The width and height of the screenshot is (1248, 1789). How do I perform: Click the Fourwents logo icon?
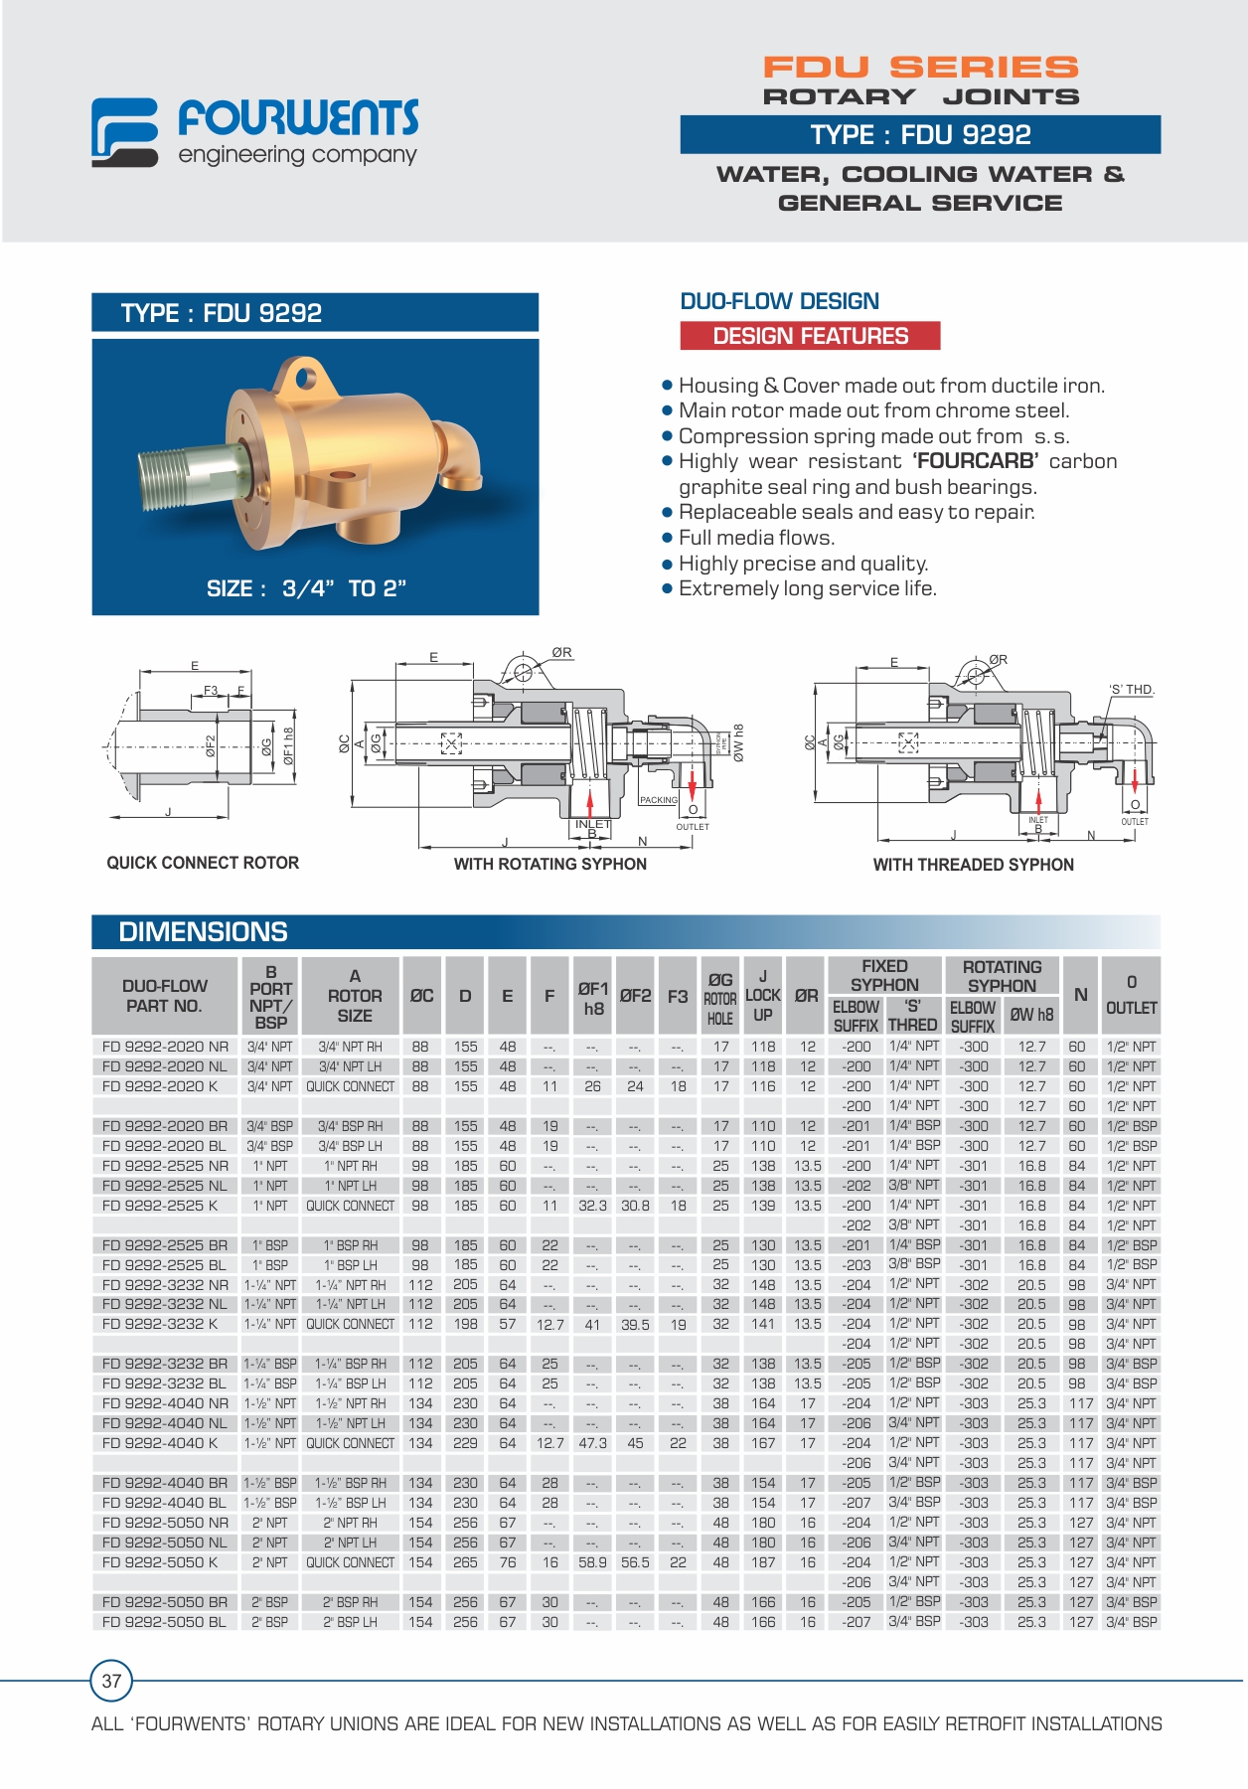(124, 131)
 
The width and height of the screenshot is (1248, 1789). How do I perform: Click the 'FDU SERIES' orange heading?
(920, 68)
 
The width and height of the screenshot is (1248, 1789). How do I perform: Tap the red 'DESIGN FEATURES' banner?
(810, 336)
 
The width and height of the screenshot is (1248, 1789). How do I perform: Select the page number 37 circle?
(111, 1681)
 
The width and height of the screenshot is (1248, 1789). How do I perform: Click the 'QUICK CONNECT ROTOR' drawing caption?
(203, 863)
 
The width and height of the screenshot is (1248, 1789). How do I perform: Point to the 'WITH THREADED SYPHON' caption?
(973, 865)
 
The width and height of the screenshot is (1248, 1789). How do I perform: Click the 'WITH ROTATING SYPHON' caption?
(549, 865)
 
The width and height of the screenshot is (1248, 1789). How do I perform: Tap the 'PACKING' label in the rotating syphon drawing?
(658, 800)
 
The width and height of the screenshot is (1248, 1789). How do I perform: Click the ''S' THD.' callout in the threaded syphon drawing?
(1132, 690)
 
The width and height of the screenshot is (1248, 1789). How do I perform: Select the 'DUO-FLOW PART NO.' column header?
(165, 996)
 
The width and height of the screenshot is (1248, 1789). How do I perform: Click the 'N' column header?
(1080, 995)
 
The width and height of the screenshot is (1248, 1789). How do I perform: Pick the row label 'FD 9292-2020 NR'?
(165, 1047)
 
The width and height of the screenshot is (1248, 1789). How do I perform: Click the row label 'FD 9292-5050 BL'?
(165, 1622)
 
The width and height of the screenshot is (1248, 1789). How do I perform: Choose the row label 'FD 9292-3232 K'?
(159, 1324)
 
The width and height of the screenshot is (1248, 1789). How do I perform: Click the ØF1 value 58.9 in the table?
(592, 1562)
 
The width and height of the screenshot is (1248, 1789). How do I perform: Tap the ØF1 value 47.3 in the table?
(592, 1443)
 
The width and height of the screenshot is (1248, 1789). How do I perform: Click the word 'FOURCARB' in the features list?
(976, 461)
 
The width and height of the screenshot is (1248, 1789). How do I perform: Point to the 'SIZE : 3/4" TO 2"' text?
(306, 588)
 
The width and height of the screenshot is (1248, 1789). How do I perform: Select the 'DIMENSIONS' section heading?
(203, 932)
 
